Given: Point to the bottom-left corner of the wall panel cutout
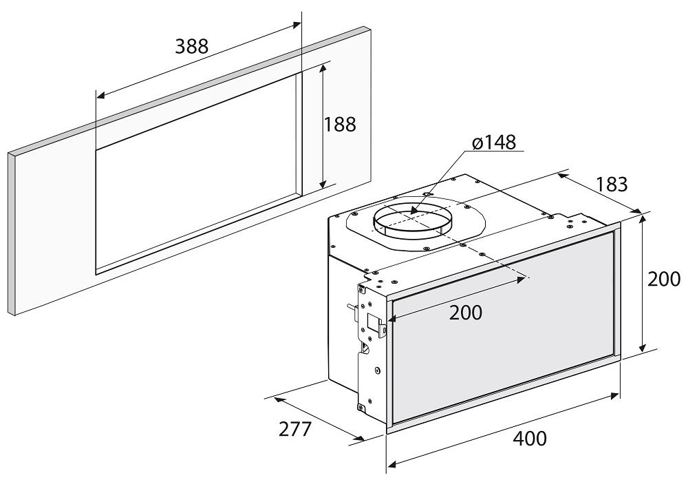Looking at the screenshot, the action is (96, 274).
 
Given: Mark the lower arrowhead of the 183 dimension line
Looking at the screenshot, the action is (640, 212).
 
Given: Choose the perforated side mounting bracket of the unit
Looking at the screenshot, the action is (372, 342).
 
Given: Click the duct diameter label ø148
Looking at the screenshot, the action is (494, 143).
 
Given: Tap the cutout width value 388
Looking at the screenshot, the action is (192, 45).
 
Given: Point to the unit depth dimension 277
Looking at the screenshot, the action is (295, 429).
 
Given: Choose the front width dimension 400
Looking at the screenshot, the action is (530, 439).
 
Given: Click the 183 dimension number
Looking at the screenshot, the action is (612, 185).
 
